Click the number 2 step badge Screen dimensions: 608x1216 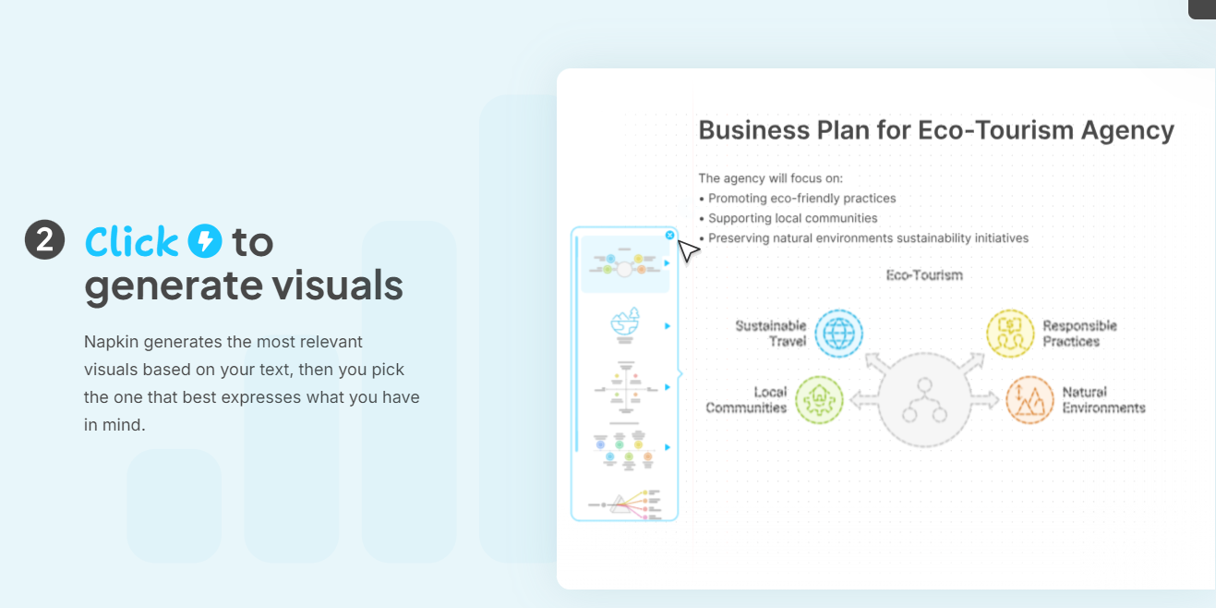coord(44,241)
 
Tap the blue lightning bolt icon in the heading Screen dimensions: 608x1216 coord(205,241)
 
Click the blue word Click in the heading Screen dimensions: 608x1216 coord(131,242)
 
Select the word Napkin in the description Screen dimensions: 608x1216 coord(111,342)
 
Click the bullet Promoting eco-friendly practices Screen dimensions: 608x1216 coord(801,198)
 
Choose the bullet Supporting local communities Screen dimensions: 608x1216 coord(792,218)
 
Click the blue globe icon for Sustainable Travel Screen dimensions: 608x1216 coord(839,334)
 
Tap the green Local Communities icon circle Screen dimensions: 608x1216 coord(819,399)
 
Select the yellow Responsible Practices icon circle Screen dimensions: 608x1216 coord(1010,334)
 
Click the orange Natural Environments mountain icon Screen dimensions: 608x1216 coord(1029,399)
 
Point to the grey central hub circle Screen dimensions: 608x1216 coord(924,399)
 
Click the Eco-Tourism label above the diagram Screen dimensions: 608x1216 coord(924,274)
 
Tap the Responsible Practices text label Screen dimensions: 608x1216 coord(1079,334)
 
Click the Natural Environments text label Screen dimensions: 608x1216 coord(1103,400)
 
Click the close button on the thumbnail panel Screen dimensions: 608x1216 coord(670,236)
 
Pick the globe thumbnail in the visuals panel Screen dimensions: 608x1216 coord(625,325)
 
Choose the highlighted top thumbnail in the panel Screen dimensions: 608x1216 coord(625,265)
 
